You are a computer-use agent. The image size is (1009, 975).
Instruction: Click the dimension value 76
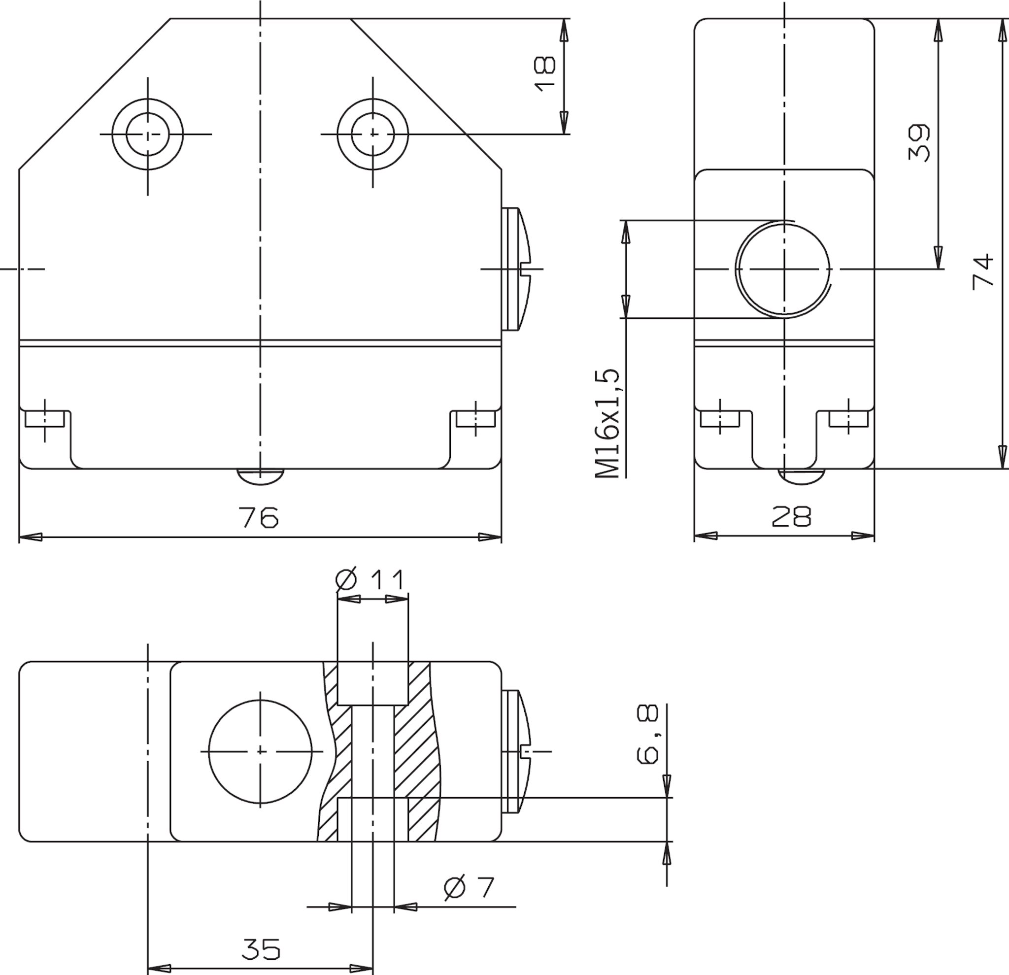pyautogui.click(x=259, y=517)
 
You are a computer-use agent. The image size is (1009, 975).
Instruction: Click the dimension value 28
pyautogui.click(x=792, y=516)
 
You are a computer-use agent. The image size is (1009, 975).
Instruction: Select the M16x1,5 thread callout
pyautogui.click(x=607, y=424)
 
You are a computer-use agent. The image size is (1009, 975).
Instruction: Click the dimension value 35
pyautogui.click(x=262, y=949)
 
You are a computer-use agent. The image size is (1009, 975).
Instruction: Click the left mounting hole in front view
pyautogui.click(x=148, y=134)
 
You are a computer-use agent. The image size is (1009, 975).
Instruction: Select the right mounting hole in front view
pyautogui.click(x=373, y=134)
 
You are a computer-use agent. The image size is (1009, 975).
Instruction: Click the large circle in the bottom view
pyautogui.click(x=261, y=752)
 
